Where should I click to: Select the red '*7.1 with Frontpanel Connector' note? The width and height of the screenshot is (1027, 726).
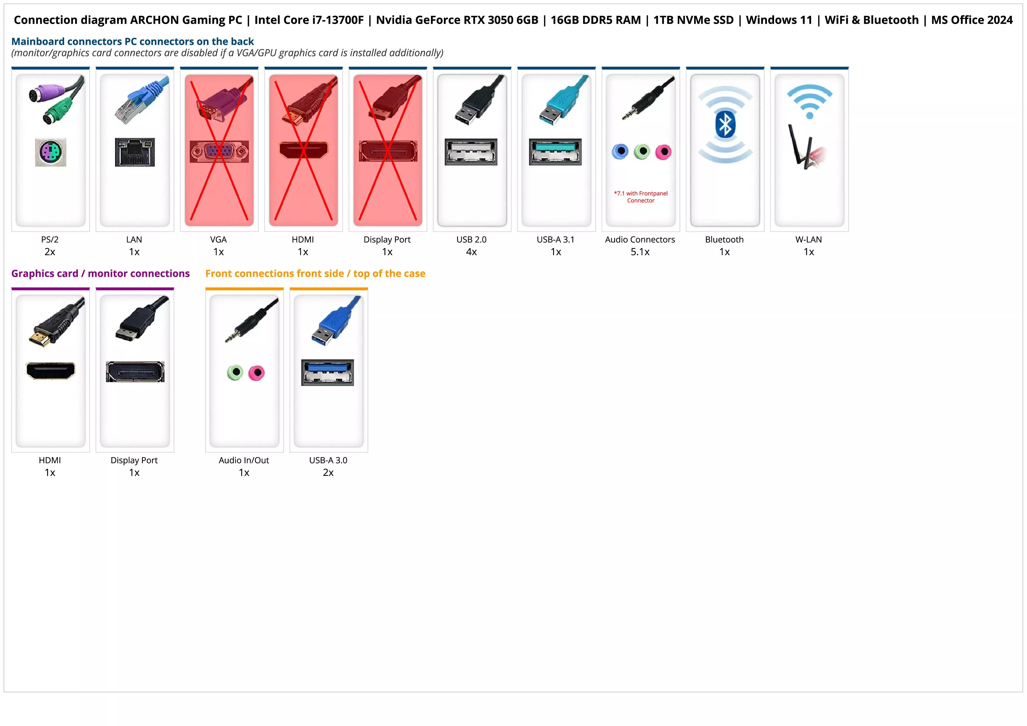tap(641, 197)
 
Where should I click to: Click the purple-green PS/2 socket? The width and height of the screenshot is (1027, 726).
tap(51, 152)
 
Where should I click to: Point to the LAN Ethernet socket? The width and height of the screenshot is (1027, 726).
tap(135, 152)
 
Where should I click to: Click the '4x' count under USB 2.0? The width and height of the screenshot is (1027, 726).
tap(471, 252)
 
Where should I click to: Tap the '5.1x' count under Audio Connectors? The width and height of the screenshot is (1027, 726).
tap(640, 252)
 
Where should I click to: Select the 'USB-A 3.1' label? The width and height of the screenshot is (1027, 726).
tap(556, 239)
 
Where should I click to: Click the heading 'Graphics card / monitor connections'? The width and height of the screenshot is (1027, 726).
tap(100, 273)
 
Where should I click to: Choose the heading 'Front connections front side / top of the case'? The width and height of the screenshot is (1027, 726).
tap(315, 273)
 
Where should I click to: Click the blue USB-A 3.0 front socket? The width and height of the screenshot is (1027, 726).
tap(327, 372)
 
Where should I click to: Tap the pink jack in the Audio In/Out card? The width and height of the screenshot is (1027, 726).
tap(257, 373)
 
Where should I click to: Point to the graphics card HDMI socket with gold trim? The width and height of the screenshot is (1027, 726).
tap(51, 370)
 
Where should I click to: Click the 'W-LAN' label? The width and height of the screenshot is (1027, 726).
tap(808, 239)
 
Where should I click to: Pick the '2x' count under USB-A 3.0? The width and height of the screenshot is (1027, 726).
tap(328, 472)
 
